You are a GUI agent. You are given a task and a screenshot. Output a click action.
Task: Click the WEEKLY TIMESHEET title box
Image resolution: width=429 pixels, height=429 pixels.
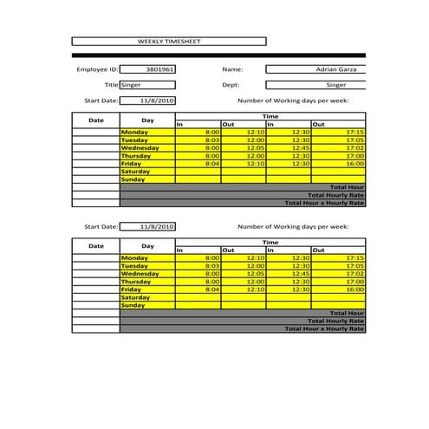pos(168,41)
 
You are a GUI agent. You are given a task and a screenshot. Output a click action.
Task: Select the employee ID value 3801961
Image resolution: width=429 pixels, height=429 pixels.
pos(147,68)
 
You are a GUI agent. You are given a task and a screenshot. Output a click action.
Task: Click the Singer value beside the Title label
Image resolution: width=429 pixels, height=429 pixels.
pos(147,85)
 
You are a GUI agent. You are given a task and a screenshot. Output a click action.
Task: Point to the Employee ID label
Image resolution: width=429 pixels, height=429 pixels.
pos(96,68)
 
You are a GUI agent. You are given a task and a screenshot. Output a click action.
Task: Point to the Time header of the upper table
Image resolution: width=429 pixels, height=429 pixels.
pos(270,116)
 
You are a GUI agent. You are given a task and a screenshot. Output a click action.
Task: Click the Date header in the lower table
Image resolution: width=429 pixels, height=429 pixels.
pos(95,246)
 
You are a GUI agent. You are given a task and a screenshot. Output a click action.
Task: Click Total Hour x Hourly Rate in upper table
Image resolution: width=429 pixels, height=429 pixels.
pos(325,203)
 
